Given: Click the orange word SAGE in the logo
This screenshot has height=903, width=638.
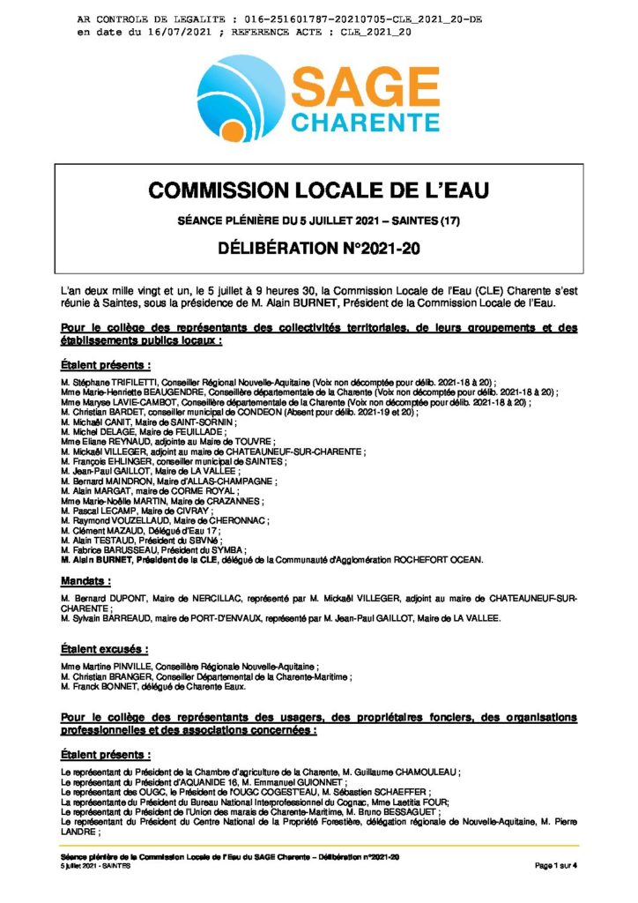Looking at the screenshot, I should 366,88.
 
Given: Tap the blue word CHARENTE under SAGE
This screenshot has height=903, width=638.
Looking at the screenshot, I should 365,121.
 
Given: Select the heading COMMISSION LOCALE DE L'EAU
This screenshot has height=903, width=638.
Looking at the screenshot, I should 318,190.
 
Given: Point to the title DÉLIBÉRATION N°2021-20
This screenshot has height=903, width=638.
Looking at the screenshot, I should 318,249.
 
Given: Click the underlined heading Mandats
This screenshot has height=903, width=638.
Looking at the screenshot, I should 85,581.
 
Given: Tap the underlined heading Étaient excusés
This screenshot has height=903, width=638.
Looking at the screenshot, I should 104,649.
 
